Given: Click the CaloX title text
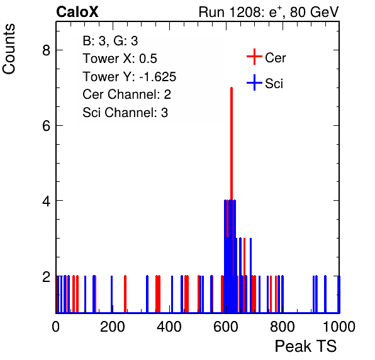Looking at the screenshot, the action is point(77,12).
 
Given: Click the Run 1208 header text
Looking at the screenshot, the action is point(269,12).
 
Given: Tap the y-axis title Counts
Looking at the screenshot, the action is point(9,49).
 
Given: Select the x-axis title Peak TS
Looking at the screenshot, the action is point(305,346).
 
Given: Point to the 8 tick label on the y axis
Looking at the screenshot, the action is point(46,50).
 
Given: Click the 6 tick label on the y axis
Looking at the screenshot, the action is point(46,125).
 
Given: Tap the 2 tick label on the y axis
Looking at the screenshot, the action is point(46,276).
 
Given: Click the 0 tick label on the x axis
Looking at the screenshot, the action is point(56,326).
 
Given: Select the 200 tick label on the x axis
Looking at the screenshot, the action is point(113,326).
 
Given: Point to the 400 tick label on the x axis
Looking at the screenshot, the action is point(169,326).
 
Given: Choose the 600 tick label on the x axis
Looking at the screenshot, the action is point(226,326).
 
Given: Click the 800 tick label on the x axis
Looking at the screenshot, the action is point(283,326).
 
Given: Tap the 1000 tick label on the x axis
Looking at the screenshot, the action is point(339,326).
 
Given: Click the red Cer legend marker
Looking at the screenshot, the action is point(254,57).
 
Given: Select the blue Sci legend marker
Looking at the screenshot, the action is point(254,82).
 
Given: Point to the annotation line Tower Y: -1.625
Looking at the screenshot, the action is point(130,77).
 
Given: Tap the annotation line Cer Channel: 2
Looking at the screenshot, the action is point(126,94).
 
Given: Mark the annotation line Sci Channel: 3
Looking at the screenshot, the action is point(125,113).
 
